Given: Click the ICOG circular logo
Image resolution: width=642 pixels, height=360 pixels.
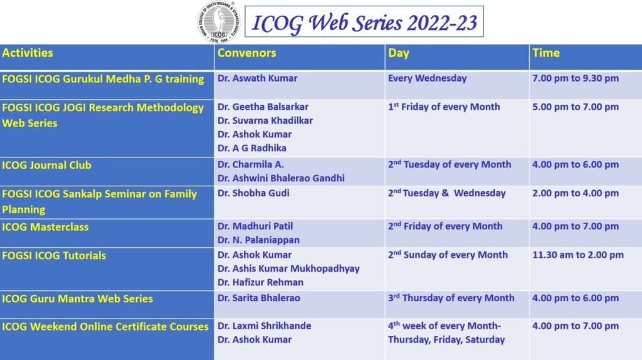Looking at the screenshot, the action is (218, 22).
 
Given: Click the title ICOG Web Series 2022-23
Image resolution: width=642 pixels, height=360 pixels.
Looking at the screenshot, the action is (364, 22).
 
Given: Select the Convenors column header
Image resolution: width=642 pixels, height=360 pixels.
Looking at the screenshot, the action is (246, 53).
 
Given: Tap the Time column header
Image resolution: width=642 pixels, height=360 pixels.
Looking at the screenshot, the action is (546, 53).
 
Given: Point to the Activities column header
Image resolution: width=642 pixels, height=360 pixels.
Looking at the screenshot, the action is (28, 53).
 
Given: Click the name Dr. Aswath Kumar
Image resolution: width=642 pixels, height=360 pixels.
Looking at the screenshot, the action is (257, 78).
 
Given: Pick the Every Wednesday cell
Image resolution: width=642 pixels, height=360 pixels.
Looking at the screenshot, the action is (427, 78).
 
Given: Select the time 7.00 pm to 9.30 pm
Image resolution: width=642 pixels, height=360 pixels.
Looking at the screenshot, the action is (576, 78).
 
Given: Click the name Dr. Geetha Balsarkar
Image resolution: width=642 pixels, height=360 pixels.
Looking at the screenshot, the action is (263, 107).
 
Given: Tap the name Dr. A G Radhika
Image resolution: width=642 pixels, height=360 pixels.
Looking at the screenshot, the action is (252, 148).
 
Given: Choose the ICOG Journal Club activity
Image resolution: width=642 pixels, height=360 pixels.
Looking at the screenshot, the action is (46, 165).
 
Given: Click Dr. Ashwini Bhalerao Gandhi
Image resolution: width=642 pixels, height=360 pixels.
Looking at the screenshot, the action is (281, 178).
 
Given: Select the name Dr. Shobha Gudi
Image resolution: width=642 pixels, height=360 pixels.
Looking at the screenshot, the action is (253, 193).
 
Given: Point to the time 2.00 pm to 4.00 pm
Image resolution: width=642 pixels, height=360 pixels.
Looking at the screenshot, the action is (576, 193).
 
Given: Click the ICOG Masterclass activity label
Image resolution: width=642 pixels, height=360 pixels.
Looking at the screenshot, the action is (45, 227).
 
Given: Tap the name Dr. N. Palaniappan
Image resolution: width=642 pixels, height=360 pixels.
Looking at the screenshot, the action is (258, 240).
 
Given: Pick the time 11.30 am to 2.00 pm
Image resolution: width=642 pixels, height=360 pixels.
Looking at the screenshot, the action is (577, 255).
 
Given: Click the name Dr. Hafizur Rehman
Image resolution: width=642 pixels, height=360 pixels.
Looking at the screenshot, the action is (260, 282).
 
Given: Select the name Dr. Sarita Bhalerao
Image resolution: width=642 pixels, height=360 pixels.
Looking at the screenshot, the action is (259, 298).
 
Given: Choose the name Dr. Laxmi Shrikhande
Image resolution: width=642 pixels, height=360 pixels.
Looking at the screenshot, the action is (264, 326).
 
